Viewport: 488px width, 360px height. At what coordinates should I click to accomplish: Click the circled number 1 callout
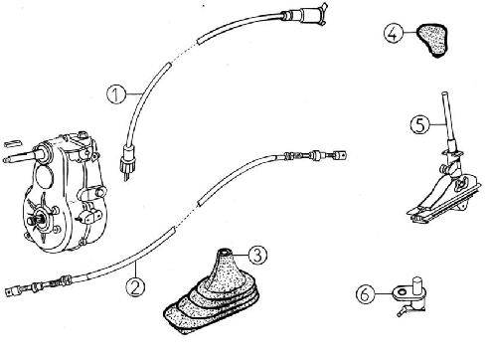[x=116, y=94]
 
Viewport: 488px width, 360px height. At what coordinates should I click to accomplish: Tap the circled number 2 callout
[x=135, y=286]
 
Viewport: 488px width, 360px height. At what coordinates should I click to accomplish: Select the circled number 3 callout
[x=257, y=255]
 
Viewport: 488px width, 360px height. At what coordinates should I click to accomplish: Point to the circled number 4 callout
[x=394, y=34]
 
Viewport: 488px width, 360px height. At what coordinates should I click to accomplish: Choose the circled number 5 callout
[x=419, y=125]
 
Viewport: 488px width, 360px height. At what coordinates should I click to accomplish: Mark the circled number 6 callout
[x=366, y=294]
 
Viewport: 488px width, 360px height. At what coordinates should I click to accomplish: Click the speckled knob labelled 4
[x=431, y=40]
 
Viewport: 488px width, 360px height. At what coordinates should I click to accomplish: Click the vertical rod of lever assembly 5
[x=448, y=121]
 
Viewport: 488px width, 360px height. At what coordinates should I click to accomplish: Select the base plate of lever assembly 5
[x=444, y=206]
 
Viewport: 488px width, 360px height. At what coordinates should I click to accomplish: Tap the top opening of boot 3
[x=225, y=251]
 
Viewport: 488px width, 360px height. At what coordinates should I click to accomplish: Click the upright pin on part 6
[x=417, y=286]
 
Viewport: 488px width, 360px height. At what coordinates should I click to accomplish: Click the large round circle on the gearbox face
[x=44, y=178]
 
